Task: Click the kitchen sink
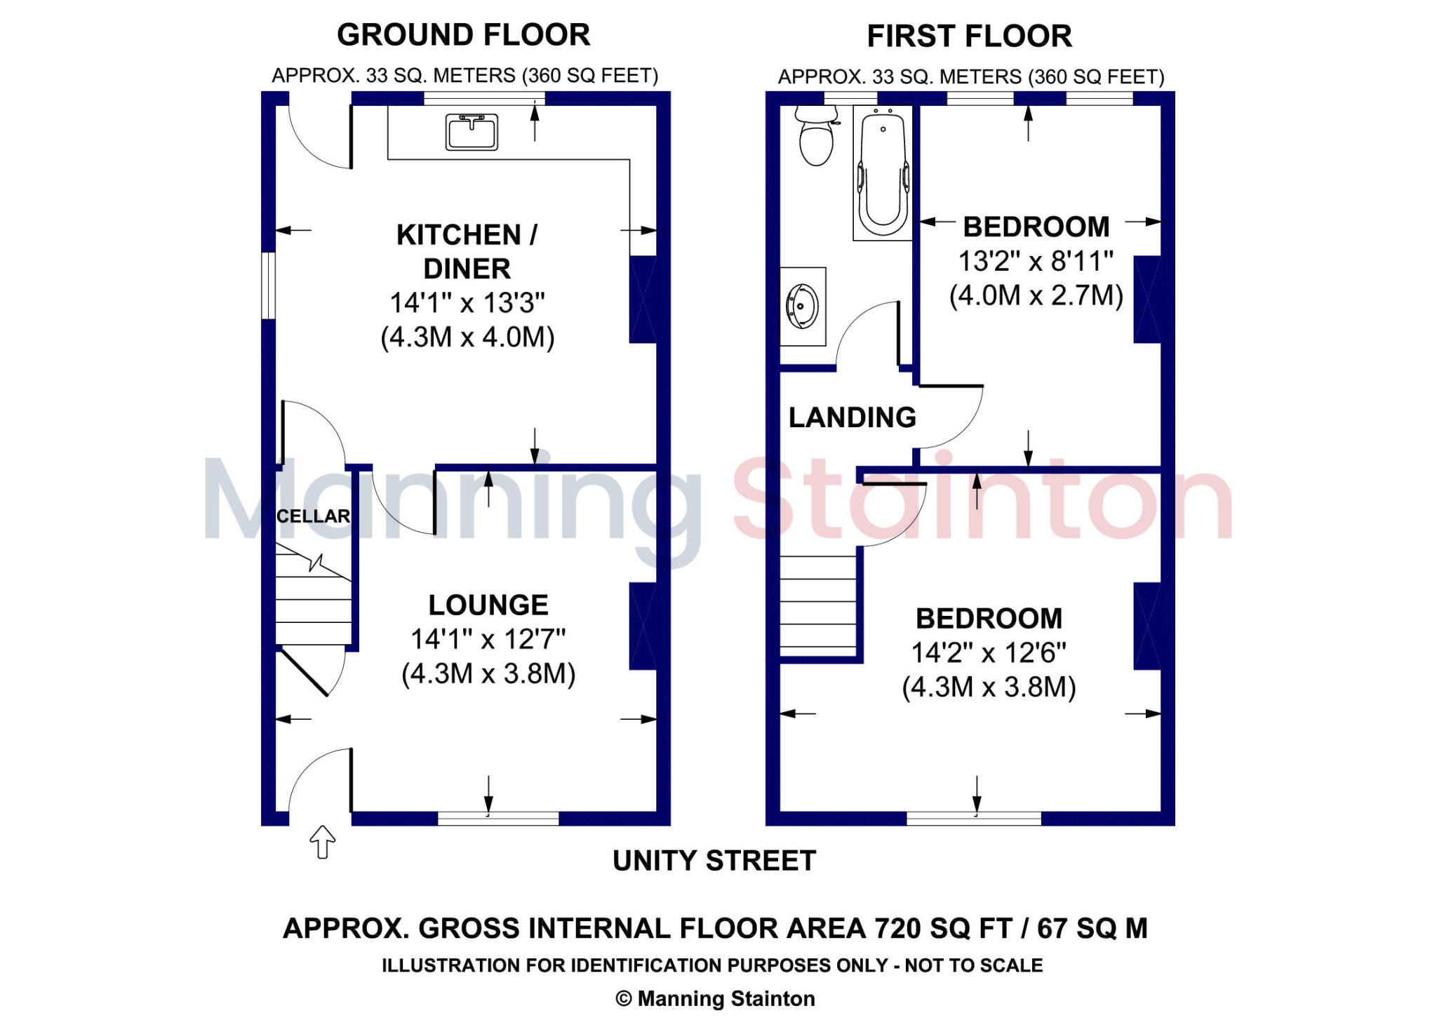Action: pyautogui.click(x=472, y=132)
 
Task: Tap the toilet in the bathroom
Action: pyautogui.click(x=816, y=137)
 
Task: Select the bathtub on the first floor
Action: pyautogui.click(x=883, y=173)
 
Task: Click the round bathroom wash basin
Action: pyautogui.click(x=802, y=306)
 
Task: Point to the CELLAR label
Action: pyautogui.click(x=313, y=516)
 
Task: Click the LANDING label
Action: pyautogui.click(x=852, y=417)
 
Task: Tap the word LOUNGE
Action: pyautogui.click(x=488, y=605)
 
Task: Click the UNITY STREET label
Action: pyautogui.click(x=714, y=861)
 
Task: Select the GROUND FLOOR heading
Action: pyautogui.click(x=463, y=35)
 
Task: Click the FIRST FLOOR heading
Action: pyautogui.click(x=969, y=36)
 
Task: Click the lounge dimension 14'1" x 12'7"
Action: pyautogui.click(x=488, y=639)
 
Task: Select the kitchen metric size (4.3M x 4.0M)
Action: pyautogui.click(x=467, y=337)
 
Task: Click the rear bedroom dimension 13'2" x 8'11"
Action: pyautogui.click(x=1036, y=261)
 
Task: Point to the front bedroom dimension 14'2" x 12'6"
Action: pyautogui.click(x=989, y=652)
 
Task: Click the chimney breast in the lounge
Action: pyautogui.click(x=643, y=626)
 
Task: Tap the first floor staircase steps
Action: pyautogui.click(x=817, y=607)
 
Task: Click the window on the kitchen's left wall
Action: pyautogui.click(x=268, y=286)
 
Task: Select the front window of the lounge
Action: pyautogui.click(x=498, y=818)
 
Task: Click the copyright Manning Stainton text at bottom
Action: pyautogui.click(x=715, y=998)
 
